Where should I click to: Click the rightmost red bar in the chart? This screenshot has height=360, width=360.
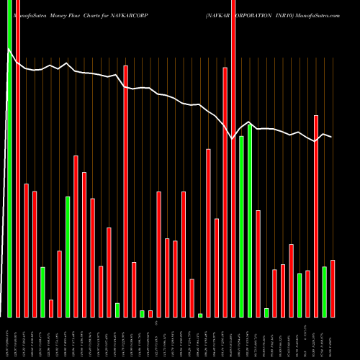pos(333,288)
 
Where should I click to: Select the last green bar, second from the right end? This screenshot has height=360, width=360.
pos(324,292)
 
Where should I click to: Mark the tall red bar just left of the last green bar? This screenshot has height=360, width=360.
pos(316,216)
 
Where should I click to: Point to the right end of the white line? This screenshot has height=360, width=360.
pos(331,137)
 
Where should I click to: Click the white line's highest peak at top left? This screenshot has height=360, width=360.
pos(9,50)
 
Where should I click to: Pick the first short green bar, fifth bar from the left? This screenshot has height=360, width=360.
pos(42,292)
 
